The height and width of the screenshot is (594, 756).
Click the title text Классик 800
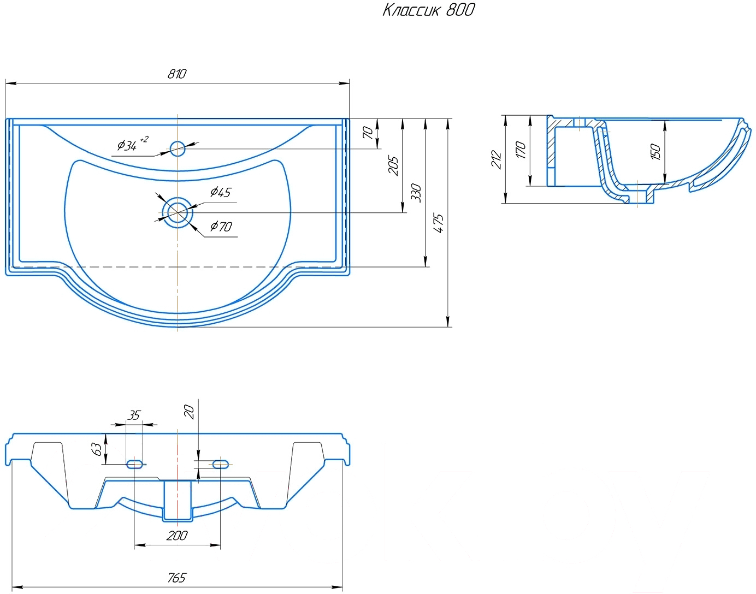[429, 10]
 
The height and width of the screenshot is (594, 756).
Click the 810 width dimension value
[176, 74]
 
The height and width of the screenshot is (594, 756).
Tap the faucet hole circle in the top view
[178, 148]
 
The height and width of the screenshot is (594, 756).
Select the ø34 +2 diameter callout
[132, 143]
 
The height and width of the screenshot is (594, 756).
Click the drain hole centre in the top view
[178, 212]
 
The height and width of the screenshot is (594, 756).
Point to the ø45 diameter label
[221, 192]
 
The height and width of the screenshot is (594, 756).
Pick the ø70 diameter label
[221, 227]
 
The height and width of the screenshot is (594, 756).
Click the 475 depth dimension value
[439, 223]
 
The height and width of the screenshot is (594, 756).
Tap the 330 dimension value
[416, 192]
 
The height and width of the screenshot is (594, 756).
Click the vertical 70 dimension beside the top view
[368, 133]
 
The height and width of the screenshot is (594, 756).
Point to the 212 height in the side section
[496, 159]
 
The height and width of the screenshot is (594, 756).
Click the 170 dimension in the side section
[521, 150]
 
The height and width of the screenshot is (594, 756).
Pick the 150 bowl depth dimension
[655, 152]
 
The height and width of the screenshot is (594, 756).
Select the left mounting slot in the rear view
[134, 465]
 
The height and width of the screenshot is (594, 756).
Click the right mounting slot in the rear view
[220, 465]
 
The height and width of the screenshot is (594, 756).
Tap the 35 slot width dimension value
[133, 415]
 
